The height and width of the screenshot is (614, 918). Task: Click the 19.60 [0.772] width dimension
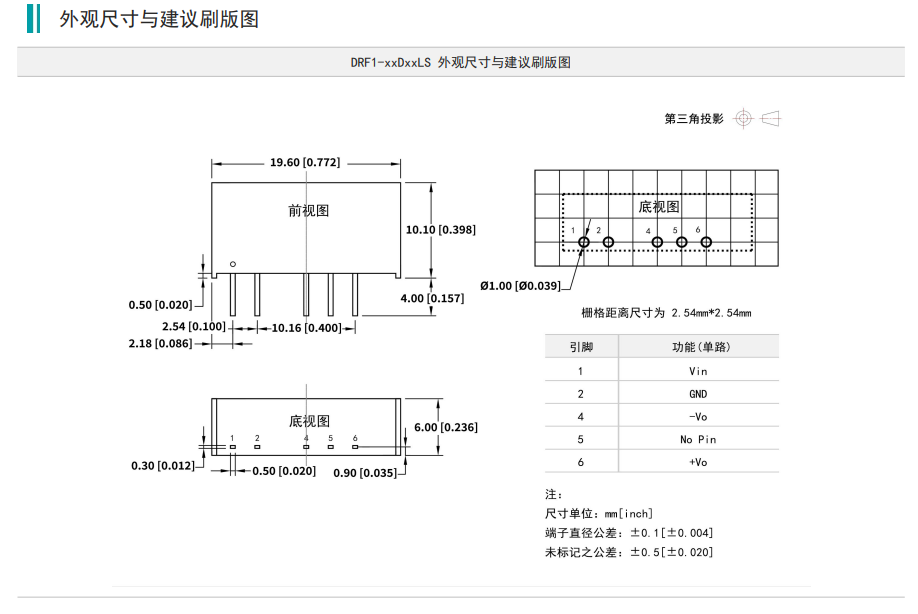[x=305, y=162]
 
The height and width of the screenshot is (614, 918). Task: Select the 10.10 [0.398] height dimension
[x=440, y=229]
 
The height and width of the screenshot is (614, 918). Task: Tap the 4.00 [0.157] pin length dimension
[x=432, y=298]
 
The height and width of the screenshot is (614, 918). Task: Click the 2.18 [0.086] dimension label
[x=160, y=343]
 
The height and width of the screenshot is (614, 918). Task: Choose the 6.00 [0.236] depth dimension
[x=445, y=427]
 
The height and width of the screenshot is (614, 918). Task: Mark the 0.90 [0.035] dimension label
[x=365, y=471]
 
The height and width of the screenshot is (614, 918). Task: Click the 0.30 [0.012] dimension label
[x=163, y=465]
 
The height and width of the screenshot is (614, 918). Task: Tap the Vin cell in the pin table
[x=698, y=371]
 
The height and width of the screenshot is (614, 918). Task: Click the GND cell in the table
[x=698, y=394]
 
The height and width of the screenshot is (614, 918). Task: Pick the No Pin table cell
[x=698, y=439]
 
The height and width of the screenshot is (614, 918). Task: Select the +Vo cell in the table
[x=698, y=462]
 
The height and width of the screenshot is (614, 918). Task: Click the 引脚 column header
[x=581, y=347]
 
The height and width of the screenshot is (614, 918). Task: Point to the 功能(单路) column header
[x=698, y=347]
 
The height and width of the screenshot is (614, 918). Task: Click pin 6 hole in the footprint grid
[x=706, y=242]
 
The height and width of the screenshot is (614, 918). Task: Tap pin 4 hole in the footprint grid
[x=657, y=242]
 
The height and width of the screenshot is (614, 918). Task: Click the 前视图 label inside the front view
[x=308, y=211]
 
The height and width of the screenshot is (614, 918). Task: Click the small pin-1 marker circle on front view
[x=232, y=264]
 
